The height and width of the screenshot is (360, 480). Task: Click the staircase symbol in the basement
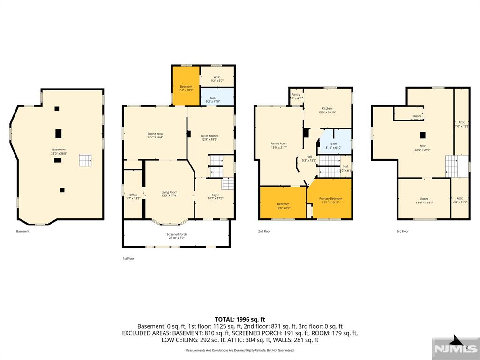pos(85,160)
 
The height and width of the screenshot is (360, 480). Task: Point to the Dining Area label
pos(155,135)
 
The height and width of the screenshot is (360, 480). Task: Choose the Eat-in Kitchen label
pos(210,137)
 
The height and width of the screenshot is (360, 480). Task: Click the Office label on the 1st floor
pos(133,196)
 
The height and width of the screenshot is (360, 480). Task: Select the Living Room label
pos(169,193)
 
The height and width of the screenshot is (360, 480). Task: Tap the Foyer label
pos(215,196)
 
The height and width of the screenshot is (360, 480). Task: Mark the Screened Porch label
pos(176,236)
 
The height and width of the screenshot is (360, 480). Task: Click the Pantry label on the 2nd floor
pos(296,96)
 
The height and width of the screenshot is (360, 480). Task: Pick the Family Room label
pos(279,145)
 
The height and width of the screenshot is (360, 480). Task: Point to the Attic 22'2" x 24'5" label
pos(422,148)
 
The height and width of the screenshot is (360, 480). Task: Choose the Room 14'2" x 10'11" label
pos(424,200)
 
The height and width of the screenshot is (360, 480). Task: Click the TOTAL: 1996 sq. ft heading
pos(240,319)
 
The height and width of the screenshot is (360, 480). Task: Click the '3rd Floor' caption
pos(402,231)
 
